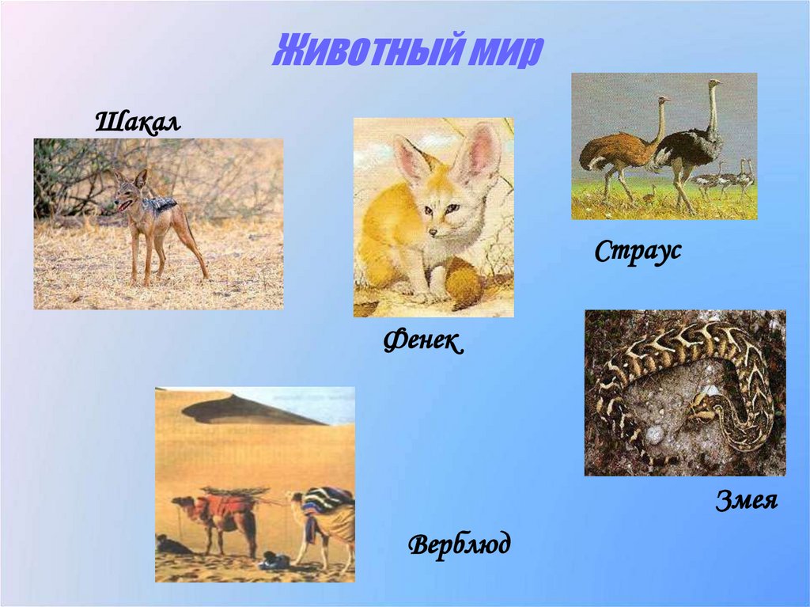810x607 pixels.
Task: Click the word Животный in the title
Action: (360, 51)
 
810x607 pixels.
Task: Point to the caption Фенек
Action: (422, 342)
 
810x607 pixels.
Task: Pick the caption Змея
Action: (747, 501)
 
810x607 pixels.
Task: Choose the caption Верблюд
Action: (460, 544)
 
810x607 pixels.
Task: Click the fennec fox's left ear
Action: (411, 158)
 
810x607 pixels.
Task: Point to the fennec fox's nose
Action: (433, 231)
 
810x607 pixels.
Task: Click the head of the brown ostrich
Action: (663, 100)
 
